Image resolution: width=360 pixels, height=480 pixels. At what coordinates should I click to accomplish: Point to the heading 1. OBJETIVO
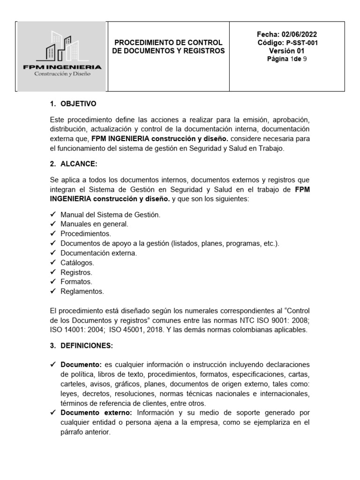[x=73, y=104]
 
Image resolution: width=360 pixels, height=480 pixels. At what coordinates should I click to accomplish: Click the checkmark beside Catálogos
[x=52, y=263]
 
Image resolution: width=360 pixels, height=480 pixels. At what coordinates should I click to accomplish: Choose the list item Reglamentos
[x=82, y=291]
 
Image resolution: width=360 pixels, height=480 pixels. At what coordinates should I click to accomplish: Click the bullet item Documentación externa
[x=98, y=253]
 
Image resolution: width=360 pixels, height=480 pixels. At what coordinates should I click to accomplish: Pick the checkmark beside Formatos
[x=52, y=282]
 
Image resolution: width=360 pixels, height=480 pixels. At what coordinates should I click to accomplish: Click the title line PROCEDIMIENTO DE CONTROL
[x=168, y=43]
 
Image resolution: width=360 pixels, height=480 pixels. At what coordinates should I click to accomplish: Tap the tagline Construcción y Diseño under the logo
[x=62, y=74]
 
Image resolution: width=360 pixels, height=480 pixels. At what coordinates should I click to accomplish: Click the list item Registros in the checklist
[x=76, y=272]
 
